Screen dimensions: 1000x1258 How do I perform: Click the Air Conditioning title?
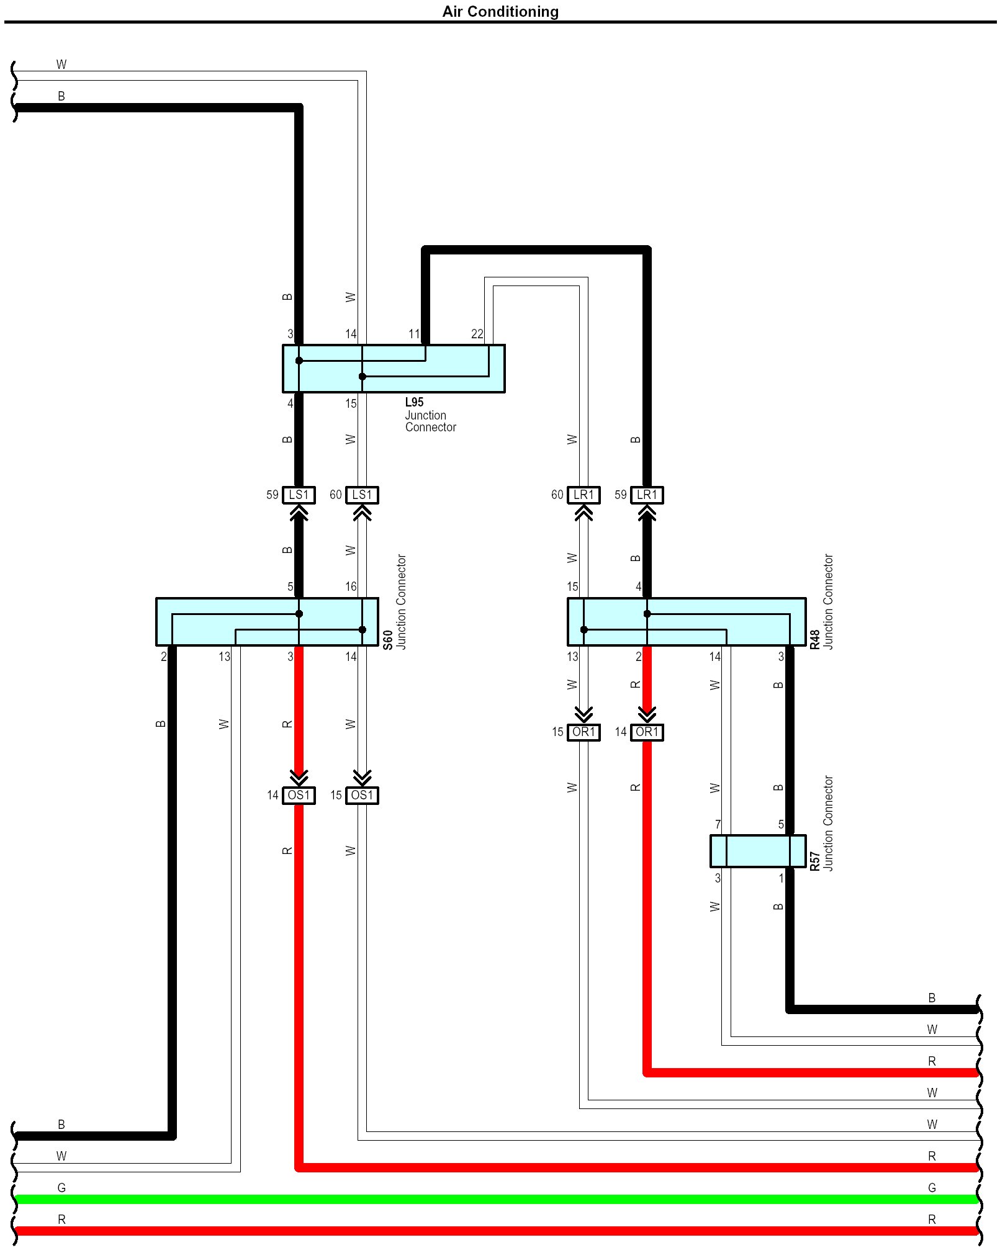(500, 12)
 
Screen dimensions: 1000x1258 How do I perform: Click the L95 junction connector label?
(414, 402)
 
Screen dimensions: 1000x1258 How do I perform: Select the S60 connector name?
(388, 640)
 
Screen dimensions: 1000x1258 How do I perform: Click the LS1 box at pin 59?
(299, 495)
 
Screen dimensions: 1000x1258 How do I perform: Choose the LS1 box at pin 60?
(362, 495)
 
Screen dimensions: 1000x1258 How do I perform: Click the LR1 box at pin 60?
(583, 495)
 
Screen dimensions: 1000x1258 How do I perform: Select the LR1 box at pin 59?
(647, 495)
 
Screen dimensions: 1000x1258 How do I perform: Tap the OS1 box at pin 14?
(299, 795)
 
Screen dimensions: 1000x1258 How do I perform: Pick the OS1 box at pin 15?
(362, 795)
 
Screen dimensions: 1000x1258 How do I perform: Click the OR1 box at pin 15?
(583, 732)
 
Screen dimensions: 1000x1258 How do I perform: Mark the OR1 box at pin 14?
(647, 732)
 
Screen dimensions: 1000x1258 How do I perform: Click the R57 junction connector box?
(758, 851)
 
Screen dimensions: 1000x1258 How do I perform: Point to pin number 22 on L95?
(477, 334)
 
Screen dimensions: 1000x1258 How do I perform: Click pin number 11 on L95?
(414, 334)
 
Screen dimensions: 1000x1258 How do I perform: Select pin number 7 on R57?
(718, 824)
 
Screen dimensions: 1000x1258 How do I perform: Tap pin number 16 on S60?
(351, 586)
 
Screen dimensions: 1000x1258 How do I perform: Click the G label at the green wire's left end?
(61, 1188)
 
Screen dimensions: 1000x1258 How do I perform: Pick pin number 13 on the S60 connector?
(224, 657)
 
